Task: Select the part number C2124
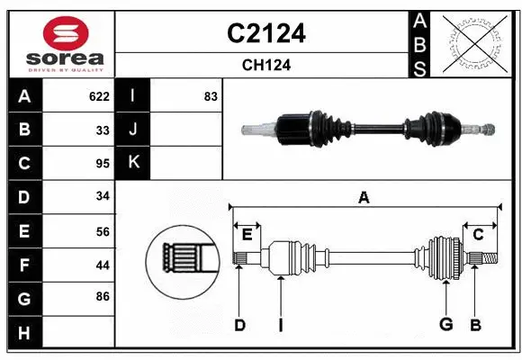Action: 265,33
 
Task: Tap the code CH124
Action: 265,65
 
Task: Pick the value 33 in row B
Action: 103,130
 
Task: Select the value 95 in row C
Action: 103,164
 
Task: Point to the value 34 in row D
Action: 103,197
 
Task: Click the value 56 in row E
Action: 103,231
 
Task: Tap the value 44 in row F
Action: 103,265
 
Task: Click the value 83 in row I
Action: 211,96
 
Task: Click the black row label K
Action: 133,163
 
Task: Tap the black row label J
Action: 133,130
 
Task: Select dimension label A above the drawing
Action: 364,197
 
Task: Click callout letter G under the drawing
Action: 445,325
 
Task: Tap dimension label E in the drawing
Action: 247,234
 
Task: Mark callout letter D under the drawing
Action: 239,325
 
